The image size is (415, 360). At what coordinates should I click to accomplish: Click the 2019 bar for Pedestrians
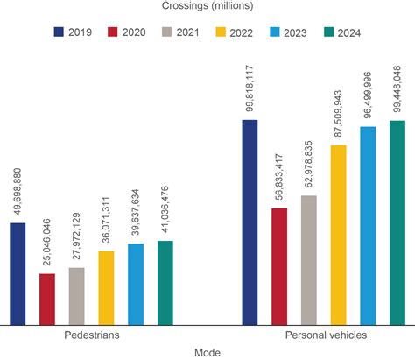click(18, 274)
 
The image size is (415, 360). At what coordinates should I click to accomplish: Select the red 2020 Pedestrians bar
click(47, 300)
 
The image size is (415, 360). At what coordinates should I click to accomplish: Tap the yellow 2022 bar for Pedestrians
click(106, 288)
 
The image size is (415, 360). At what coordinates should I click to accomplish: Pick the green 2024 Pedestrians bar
click(165, 283)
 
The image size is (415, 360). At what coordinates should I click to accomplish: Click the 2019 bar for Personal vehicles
click(250, 222)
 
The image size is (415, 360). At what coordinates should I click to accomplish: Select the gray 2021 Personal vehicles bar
click(308, 260)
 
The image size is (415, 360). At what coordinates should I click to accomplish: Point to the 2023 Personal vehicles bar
click(367, 226)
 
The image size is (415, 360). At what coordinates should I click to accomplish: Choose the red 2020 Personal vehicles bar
click(278, 266)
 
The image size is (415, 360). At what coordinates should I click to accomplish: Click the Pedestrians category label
click(92, 335)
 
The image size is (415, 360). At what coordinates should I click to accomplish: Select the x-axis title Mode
click(207, 352)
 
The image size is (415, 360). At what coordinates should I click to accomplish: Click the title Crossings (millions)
click(207, 8)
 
